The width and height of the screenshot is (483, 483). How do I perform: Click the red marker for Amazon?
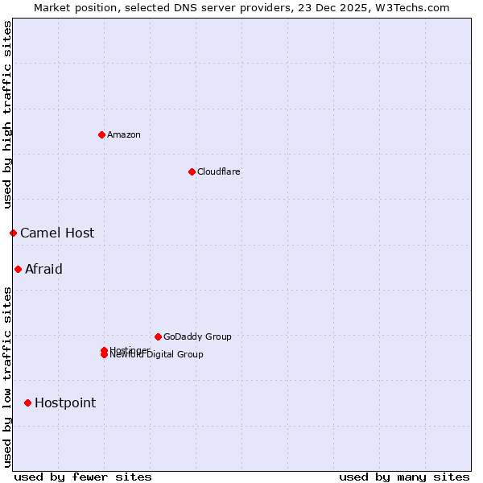tap(101, 134)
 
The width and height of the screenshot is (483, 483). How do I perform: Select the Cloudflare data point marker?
tap(192, 171)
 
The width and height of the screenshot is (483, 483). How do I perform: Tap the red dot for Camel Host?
tap(13, 233)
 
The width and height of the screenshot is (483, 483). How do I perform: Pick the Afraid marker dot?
tap(18, 269)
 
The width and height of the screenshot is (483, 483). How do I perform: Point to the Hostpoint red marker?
tap(27, 402)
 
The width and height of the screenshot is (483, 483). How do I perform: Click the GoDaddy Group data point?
tap(158, 336)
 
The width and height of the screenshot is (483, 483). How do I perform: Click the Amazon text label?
tap(124, 134)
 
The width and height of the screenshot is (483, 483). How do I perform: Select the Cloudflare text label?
tap(219, 171)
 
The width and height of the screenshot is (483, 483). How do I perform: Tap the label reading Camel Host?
tap(57, 233)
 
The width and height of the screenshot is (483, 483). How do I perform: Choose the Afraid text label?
tap(43, 269)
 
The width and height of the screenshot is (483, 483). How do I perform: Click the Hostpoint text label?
tap(65, 402)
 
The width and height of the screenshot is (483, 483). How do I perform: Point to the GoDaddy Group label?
tap(197, 336)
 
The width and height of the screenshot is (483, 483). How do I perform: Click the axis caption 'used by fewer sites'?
tap(83, 477)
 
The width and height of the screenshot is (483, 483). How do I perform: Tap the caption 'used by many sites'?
tap(404, 477)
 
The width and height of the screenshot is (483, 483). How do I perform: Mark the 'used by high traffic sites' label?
tap(8, 114)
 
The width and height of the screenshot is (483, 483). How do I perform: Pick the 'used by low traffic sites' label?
tap(8, 376)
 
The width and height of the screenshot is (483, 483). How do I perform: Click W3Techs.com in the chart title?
tap(415, 7)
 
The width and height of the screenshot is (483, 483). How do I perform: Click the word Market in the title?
tap(52, 7)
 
